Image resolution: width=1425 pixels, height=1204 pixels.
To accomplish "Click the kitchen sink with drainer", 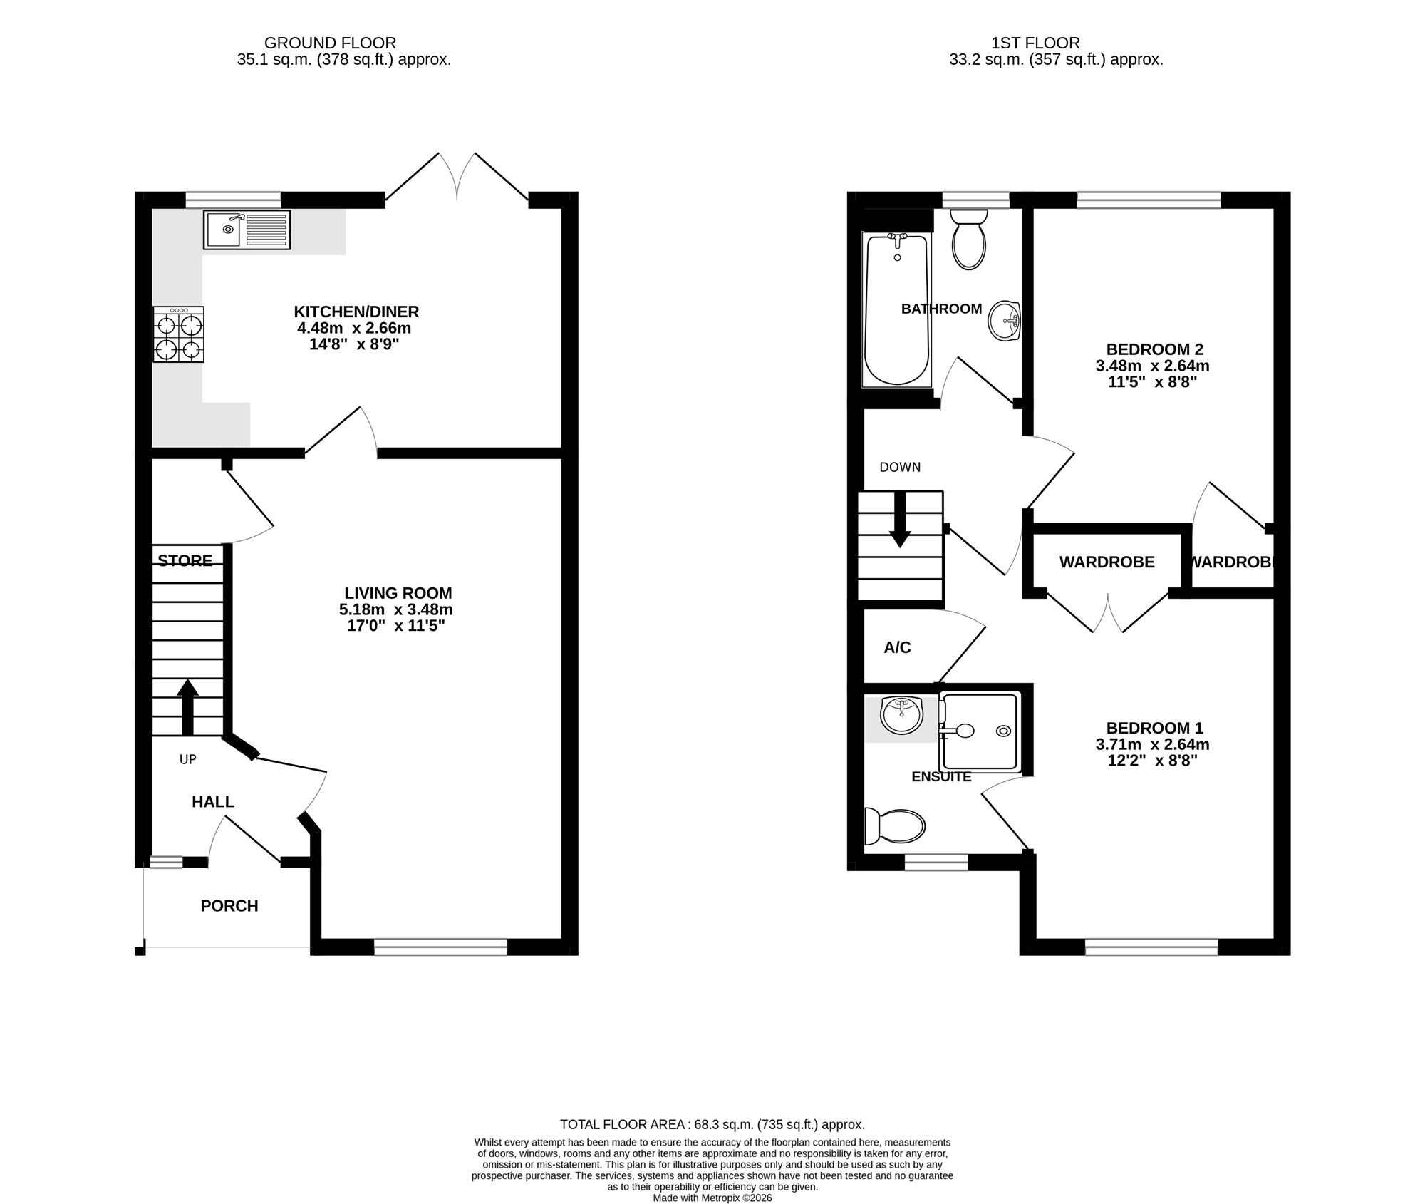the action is (x=247, y=230).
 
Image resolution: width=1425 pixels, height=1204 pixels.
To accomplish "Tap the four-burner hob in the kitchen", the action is (x=178, y=334).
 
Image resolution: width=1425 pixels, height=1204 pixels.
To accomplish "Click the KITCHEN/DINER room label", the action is (x=356, y=312).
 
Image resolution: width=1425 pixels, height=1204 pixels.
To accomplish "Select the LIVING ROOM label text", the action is (x=398, y=593).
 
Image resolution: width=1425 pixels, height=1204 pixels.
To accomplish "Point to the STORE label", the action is (x=185, y=561).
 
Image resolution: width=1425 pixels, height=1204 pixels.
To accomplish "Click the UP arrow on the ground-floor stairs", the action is (x=187, y=707).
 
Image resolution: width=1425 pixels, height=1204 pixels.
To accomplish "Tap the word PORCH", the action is (x=229, y=906).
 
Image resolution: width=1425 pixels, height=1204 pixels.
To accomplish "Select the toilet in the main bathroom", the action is (x=969, y=239).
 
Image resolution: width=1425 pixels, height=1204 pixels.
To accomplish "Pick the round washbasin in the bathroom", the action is (x=1005, y=321).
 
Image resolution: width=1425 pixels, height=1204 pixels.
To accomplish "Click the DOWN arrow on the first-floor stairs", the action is (x=900, y=519).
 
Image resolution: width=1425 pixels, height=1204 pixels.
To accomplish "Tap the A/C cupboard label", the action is (x=898, y=647).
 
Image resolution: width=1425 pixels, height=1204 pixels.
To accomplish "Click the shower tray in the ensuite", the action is (x=980, y=731).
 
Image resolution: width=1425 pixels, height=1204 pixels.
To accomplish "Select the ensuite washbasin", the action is (x=901, y=716).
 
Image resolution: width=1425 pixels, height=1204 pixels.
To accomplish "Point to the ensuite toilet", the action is (x=894, y=827).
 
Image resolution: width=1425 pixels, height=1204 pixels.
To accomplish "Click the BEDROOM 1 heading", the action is (x=1155, y=728).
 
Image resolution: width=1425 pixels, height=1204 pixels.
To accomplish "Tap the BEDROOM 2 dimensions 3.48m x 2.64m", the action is (x=1153, y=366).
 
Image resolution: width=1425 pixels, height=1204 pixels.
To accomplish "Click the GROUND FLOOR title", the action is (x=330, y=43).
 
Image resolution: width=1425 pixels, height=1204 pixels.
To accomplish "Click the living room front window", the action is (x=440, y=947).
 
